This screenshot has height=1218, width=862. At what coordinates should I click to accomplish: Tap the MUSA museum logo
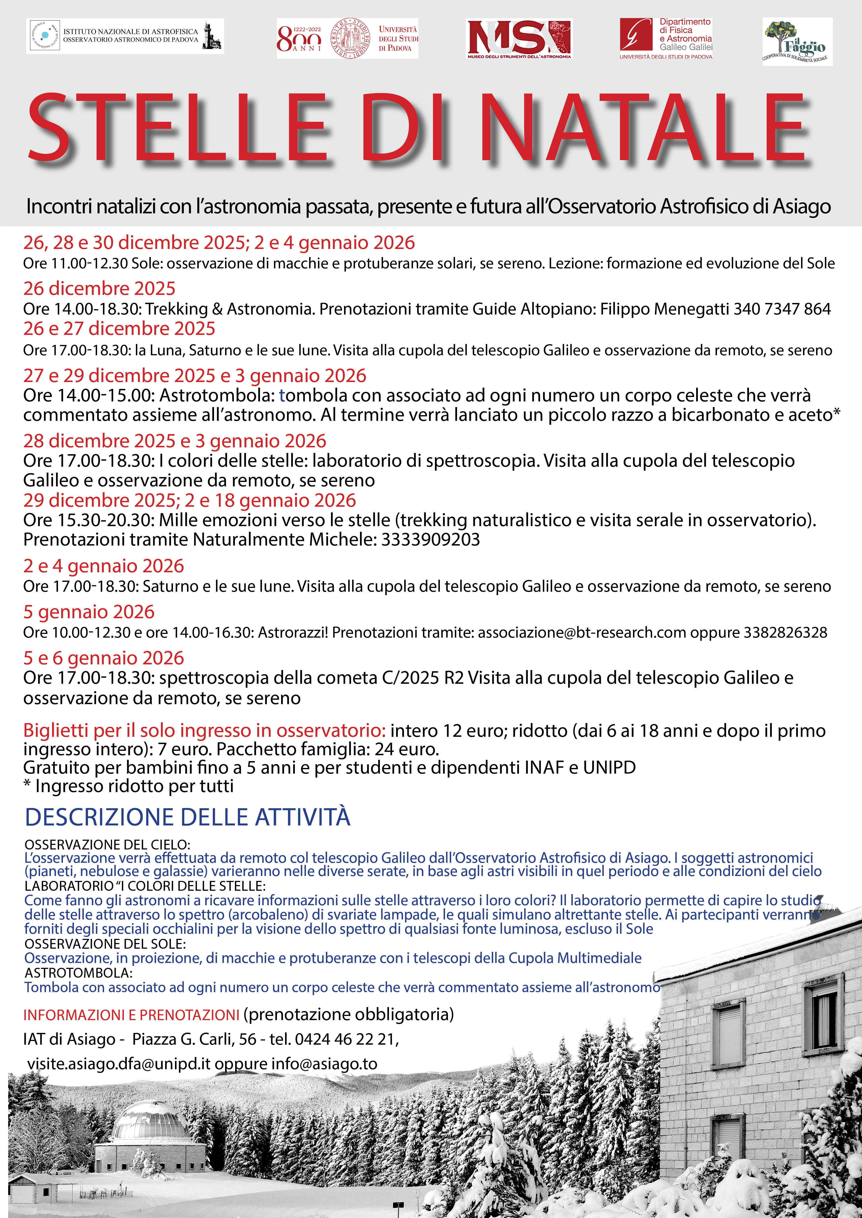(x=519, y=39)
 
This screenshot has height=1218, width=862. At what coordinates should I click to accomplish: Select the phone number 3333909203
(x=431, y=539)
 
